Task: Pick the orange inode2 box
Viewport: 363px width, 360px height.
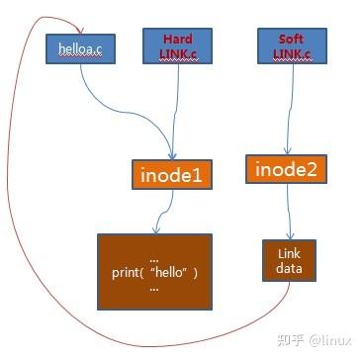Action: click(x=287, y=169)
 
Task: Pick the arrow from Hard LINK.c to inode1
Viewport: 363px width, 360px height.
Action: click(x=176, y=109)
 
